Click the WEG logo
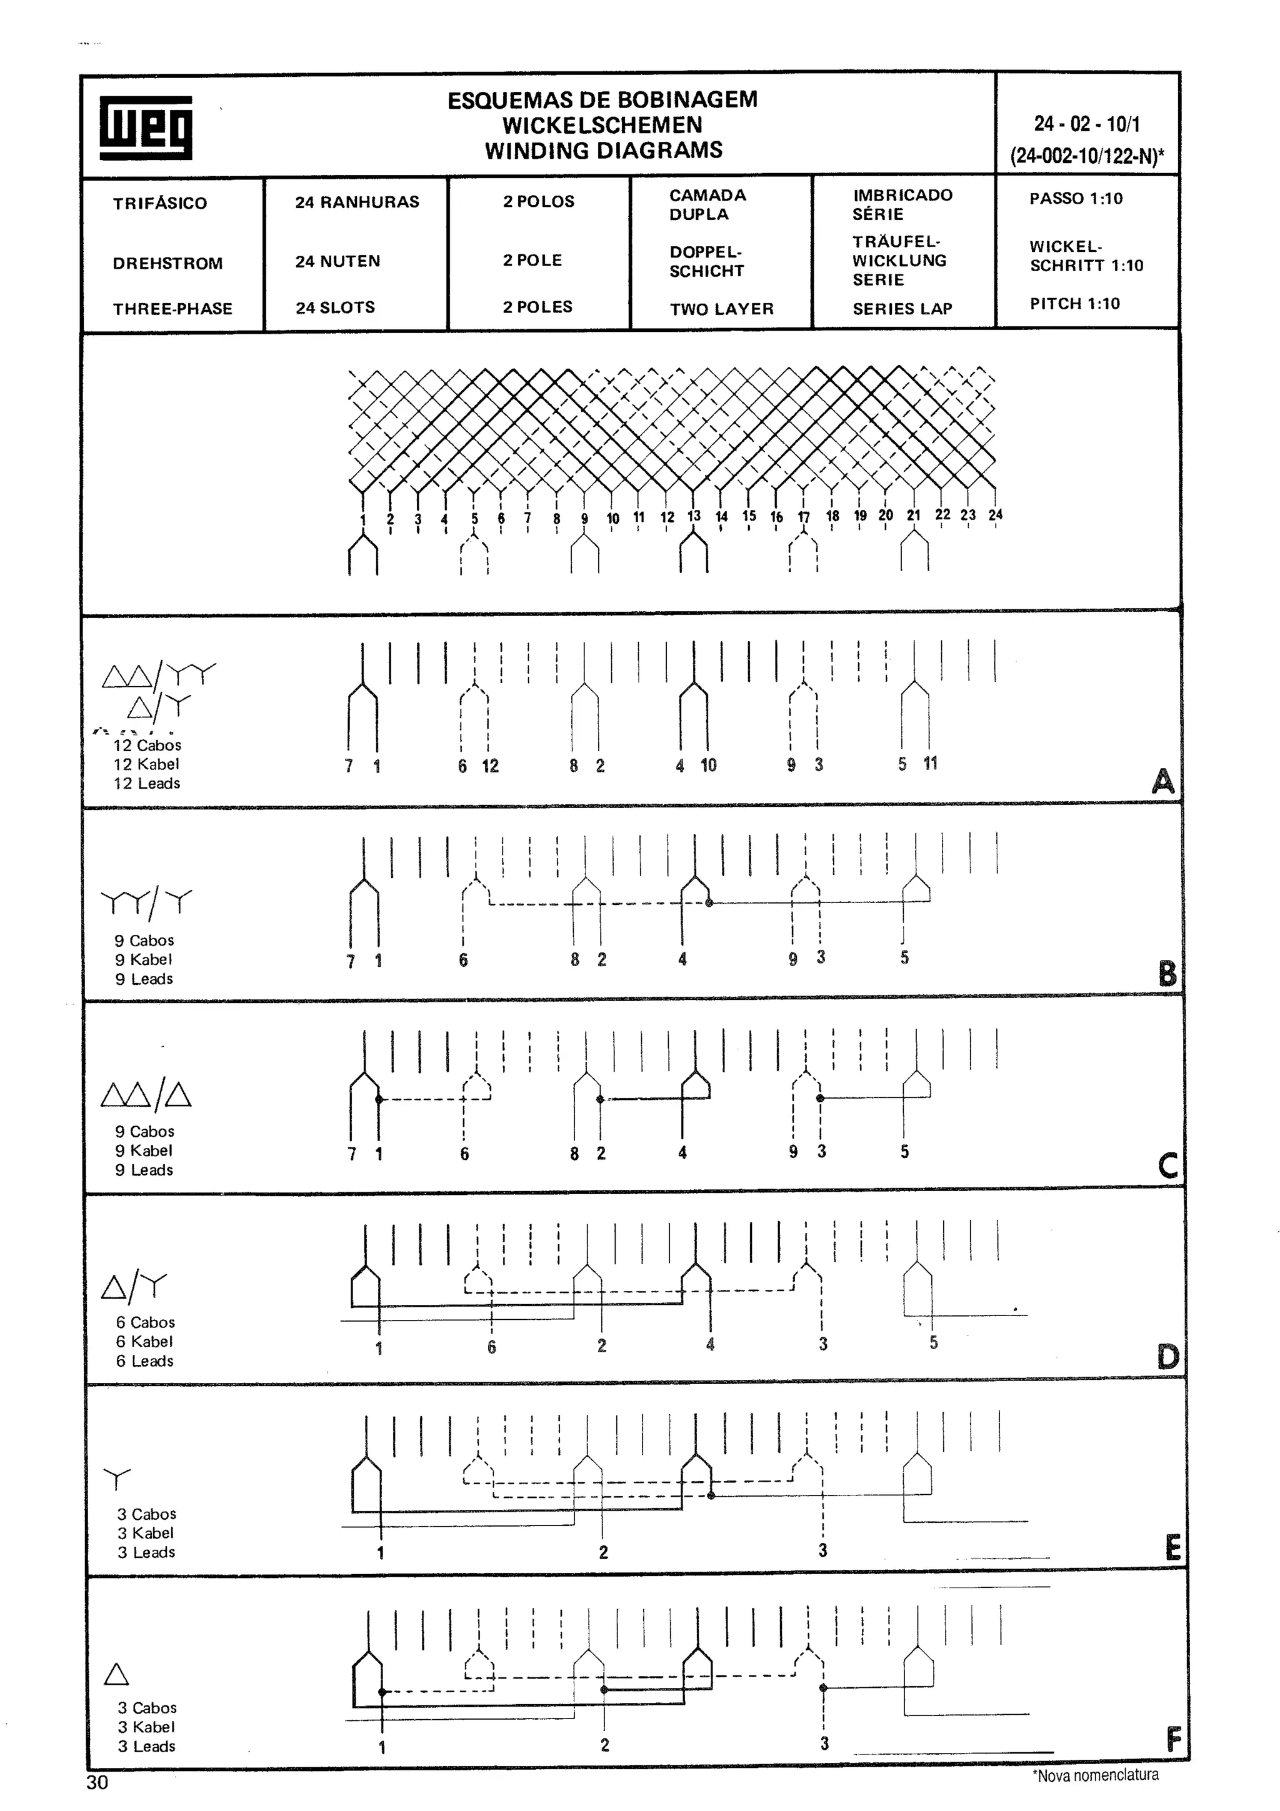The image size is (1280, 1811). click(x=146, y=127)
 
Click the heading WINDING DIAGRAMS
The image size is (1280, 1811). click(x=603, y=150)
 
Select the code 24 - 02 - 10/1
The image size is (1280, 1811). click(x=1087, y=124)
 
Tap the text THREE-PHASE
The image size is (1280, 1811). click(x=172, y=309)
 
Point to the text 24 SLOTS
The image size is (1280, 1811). click(x=335, y=307)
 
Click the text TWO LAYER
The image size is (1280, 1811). click(x=722, y=309)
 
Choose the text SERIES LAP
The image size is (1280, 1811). click(x=902, y=309)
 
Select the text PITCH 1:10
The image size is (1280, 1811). click(x=1074, y=304)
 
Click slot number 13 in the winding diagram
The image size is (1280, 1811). click(x=694, y=516)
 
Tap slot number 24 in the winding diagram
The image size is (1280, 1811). click(x=995, y=514)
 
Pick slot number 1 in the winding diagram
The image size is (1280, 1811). click(x=362, y=519)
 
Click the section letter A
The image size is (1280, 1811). click(x=1162, y=781)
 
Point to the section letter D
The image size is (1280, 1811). click(x=1168, y=1357)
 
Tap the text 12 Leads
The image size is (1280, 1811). click(x=147, y=783)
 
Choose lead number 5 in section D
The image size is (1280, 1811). click(x=934, y=1342)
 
